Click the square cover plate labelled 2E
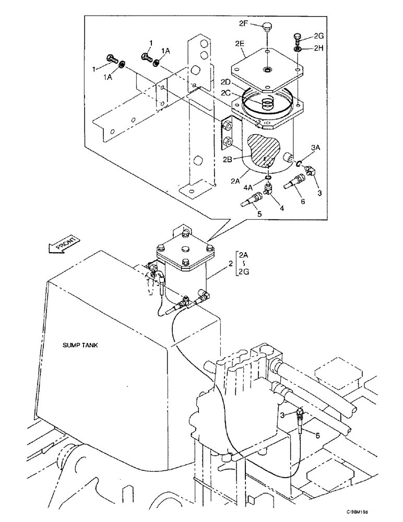tap(266, 66)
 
